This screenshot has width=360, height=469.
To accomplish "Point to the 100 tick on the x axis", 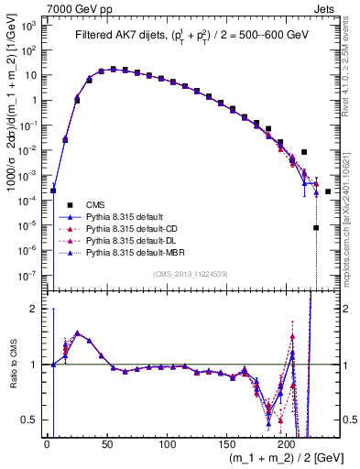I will click(x=167, y=445).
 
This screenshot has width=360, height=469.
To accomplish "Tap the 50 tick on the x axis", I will click(x=106, y=445).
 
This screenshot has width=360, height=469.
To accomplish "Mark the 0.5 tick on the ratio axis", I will click(x=34, y=420).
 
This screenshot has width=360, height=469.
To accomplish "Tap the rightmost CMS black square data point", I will click(x=328, y=191).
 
